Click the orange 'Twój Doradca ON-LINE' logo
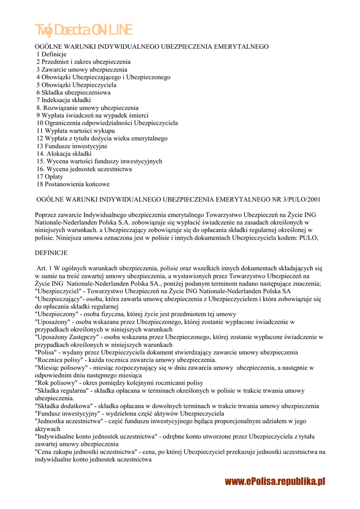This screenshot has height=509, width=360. click(x=83, y=30)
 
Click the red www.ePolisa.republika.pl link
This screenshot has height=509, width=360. click(x=274, y=481)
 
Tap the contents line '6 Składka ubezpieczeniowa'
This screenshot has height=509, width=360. click(x=73, y=92)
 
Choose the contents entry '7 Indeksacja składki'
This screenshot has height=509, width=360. click(x=63, y=100)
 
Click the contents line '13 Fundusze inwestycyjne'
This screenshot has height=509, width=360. click(x=72, y=146)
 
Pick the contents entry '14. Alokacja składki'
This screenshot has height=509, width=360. click(x=64, y=154)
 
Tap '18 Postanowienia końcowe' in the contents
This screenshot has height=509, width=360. click(x=73, y=184)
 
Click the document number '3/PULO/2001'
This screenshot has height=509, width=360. click(x=300, y=200)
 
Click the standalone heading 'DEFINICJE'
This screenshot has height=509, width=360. click(x=51, y=253)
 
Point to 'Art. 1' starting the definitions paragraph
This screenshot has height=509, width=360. click(x=46, y=268)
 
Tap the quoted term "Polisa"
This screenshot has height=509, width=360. click(x=45, y=352)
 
